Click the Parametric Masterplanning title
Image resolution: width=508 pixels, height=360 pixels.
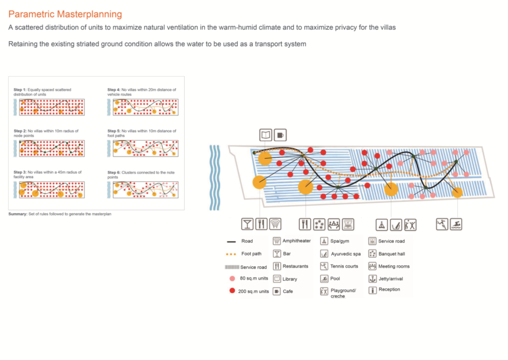click(x=65, y=14)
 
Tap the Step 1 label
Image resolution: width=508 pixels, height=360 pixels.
click(x=20, y=90)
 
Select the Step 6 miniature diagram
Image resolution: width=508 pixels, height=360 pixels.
click(x=145, y=190)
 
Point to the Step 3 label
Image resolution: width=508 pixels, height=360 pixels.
click(x=20, y=172)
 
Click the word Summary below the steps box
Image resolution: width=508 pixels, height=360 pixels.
click(x=18, y=214)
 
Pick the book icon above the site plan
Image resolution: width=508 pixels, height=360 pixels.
click(x=266, y=135)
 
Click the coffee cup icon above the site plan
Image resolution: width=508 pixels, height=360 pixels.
click(x=280, y=135)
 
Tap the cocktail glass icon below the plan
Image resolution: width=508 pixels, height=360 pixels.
click(x=247, y=224)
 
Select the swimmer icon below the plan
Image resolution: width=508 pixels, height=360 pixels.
click(x=456, y=224)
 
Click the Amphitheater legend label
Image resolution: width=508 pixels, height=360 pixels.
click(x=297, y=241)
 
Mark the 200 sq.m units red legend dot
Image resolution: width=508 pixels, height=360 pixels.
click(x=232, y=291)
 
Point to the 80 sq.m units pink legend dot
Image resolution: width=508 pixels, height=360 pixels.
click(x=232, y=278)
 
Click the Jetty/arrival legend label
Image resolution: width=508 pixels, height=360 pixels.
click(x=391, y=279)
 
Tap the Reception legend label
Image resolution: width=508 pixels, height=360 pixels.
click(x=389, y=290)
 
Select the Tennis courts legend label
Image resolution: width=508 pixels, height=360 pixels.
click(x=344, y=266)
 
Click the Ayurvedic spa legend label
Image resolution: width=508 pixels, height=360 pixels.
click(x=346, y=254)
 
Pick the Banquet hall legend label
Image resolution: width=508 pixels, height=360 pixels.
click(x=391, y=254)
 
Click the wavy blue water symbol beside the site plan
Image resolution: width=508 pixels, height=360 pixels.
click(x=214, y=178)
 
